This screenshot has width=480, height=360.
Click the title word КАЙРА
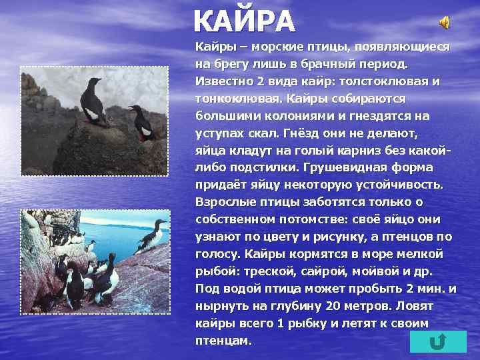243,22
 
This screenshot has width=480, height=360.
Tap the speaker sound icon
444,23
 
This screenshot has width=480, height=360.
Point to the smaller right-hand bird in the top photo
142,121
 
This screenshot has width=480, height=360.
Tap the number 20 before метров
333,306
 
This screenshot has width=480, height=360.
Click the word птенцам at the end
223,341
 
